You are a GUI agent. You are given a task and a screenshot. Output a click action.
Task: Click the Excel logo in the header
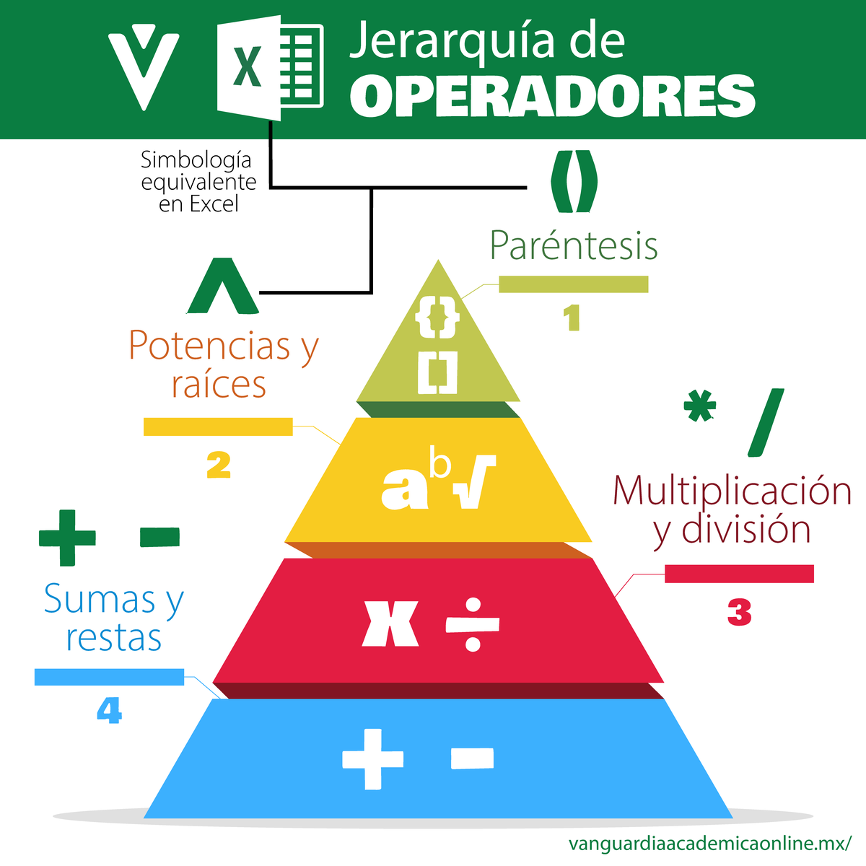click(x=268, y=69)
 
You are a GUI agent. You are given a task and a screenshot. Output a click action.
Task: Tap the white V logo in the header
click(x=144, y=65)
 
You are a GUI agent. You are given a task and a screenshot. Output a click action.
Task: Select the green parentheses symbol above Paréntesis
click(x=574, y=181)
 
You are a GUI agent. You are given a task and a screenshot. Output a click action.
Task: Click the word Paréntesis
click(x=574, y=245)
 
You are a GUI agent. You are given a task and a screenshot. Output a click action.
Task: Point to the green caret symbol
click(x=222, y=287)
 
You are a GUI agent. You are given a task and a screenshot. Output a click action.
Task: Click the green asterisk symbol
click(x=699, y=408)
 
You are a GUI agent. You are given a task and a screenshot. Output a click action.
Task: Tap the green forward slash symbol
click(x=766, y=423)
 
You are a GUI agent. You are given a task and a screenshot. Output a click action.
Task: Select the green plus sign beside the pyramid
click(x=67, y=538)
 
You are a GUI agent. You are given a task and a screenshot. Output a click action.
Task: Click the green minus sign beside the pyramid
click(x=159, y=537)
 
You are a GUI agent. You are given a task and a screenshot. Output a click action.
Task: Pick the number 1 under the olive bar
click(x=572, y=318)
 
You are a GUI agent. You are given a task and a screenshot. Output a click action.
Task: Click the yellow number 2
click(x=218, y=465)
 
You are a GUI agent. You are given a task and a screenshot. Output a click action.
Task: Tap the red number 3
click(x=739, y=613)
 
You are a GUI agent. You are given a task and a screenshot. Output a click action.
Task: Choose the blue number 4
click(x=109, y=712)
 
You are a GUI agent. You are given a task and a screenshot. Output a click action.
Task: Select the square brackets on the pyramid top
click(x=437, y=373)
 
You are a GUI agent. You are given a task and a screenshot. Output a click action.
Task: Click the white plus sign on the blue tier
click(x=373, y=758)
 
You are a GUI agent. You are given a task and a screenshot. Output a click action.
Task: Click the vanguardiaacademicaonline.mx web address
click(x=710, y=843)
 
